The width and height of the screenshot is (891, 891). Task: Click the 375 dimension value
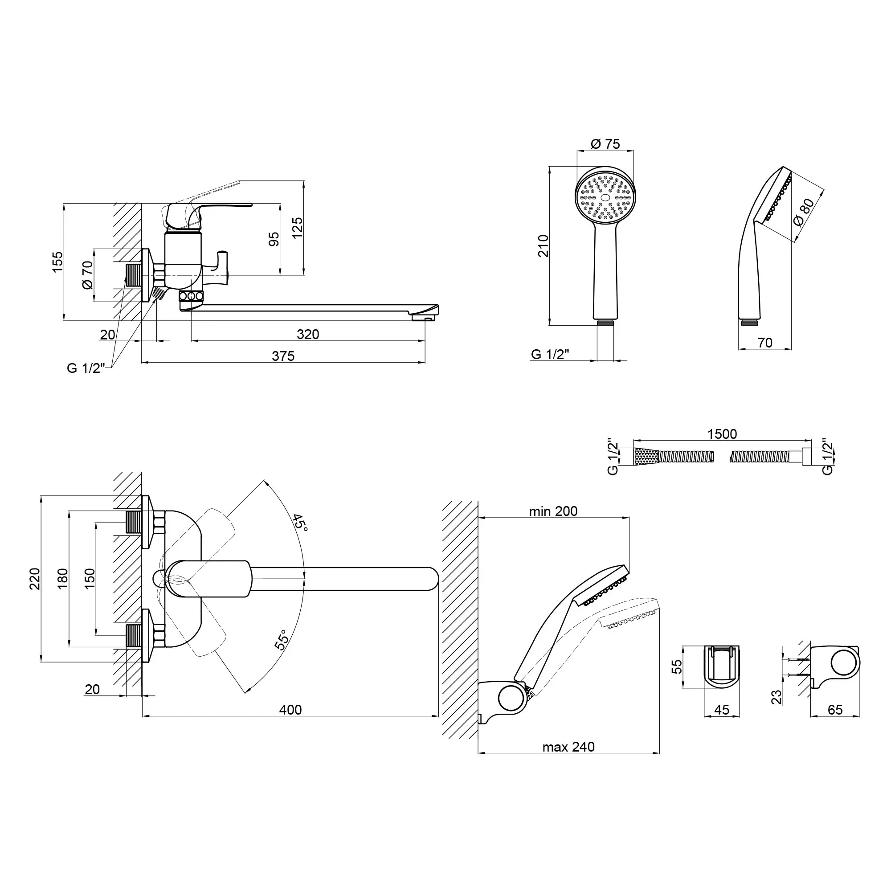pos(283,356)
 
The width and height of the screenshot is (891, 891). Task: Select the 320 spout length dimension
pos(307,335)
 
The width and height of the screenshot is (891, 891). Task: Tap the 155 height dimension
pos(57,262)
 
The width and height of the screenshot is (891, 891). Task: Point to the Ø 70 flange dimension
pos(87,275)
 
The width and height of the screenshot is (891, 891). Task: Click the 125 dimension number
pos(298,228)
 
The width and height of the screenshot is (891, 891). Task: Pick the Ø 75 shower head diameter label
pos(605,144)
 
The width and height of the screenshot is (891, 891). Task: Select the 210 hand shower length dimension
pos(544,246)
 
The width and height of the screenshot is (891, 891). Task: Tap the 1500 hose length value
pos(722,434)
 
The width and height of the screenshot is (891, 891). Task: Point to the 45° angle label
pos(300,523)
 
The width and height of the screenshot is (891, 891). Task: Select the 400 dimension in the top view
pos(290,710)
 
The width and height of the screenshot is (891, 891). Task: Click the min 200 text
pos(553,511)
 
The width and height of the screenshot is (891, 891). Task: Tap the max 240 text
pos(568,747)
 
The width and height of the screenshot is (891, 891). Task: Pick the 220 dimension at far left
pos(35,579)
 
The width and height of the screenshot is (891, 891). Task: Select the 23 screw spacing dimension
pos(777,697)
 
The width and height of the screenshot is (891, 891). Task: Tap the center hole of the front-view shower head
pos(605,197)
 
